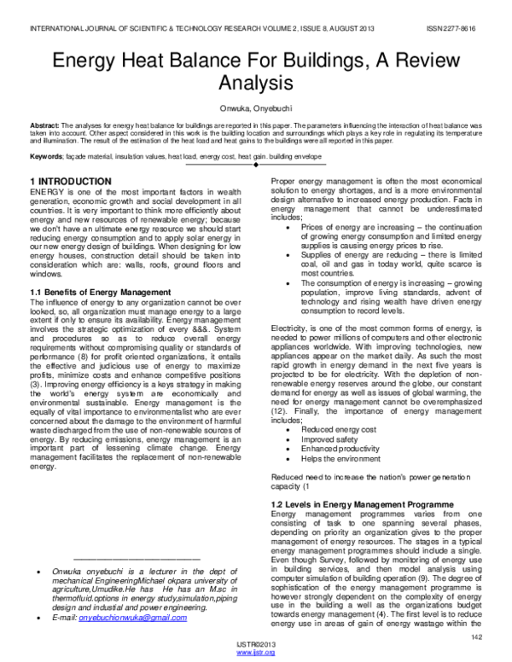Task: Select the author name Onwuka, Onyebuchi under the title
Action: click(256, 109)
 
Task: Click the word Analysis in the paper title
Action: click(256, 83)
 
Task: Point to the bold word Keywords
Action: click(46, 157)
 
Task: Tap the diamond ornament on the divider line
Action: click(256, 167)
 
